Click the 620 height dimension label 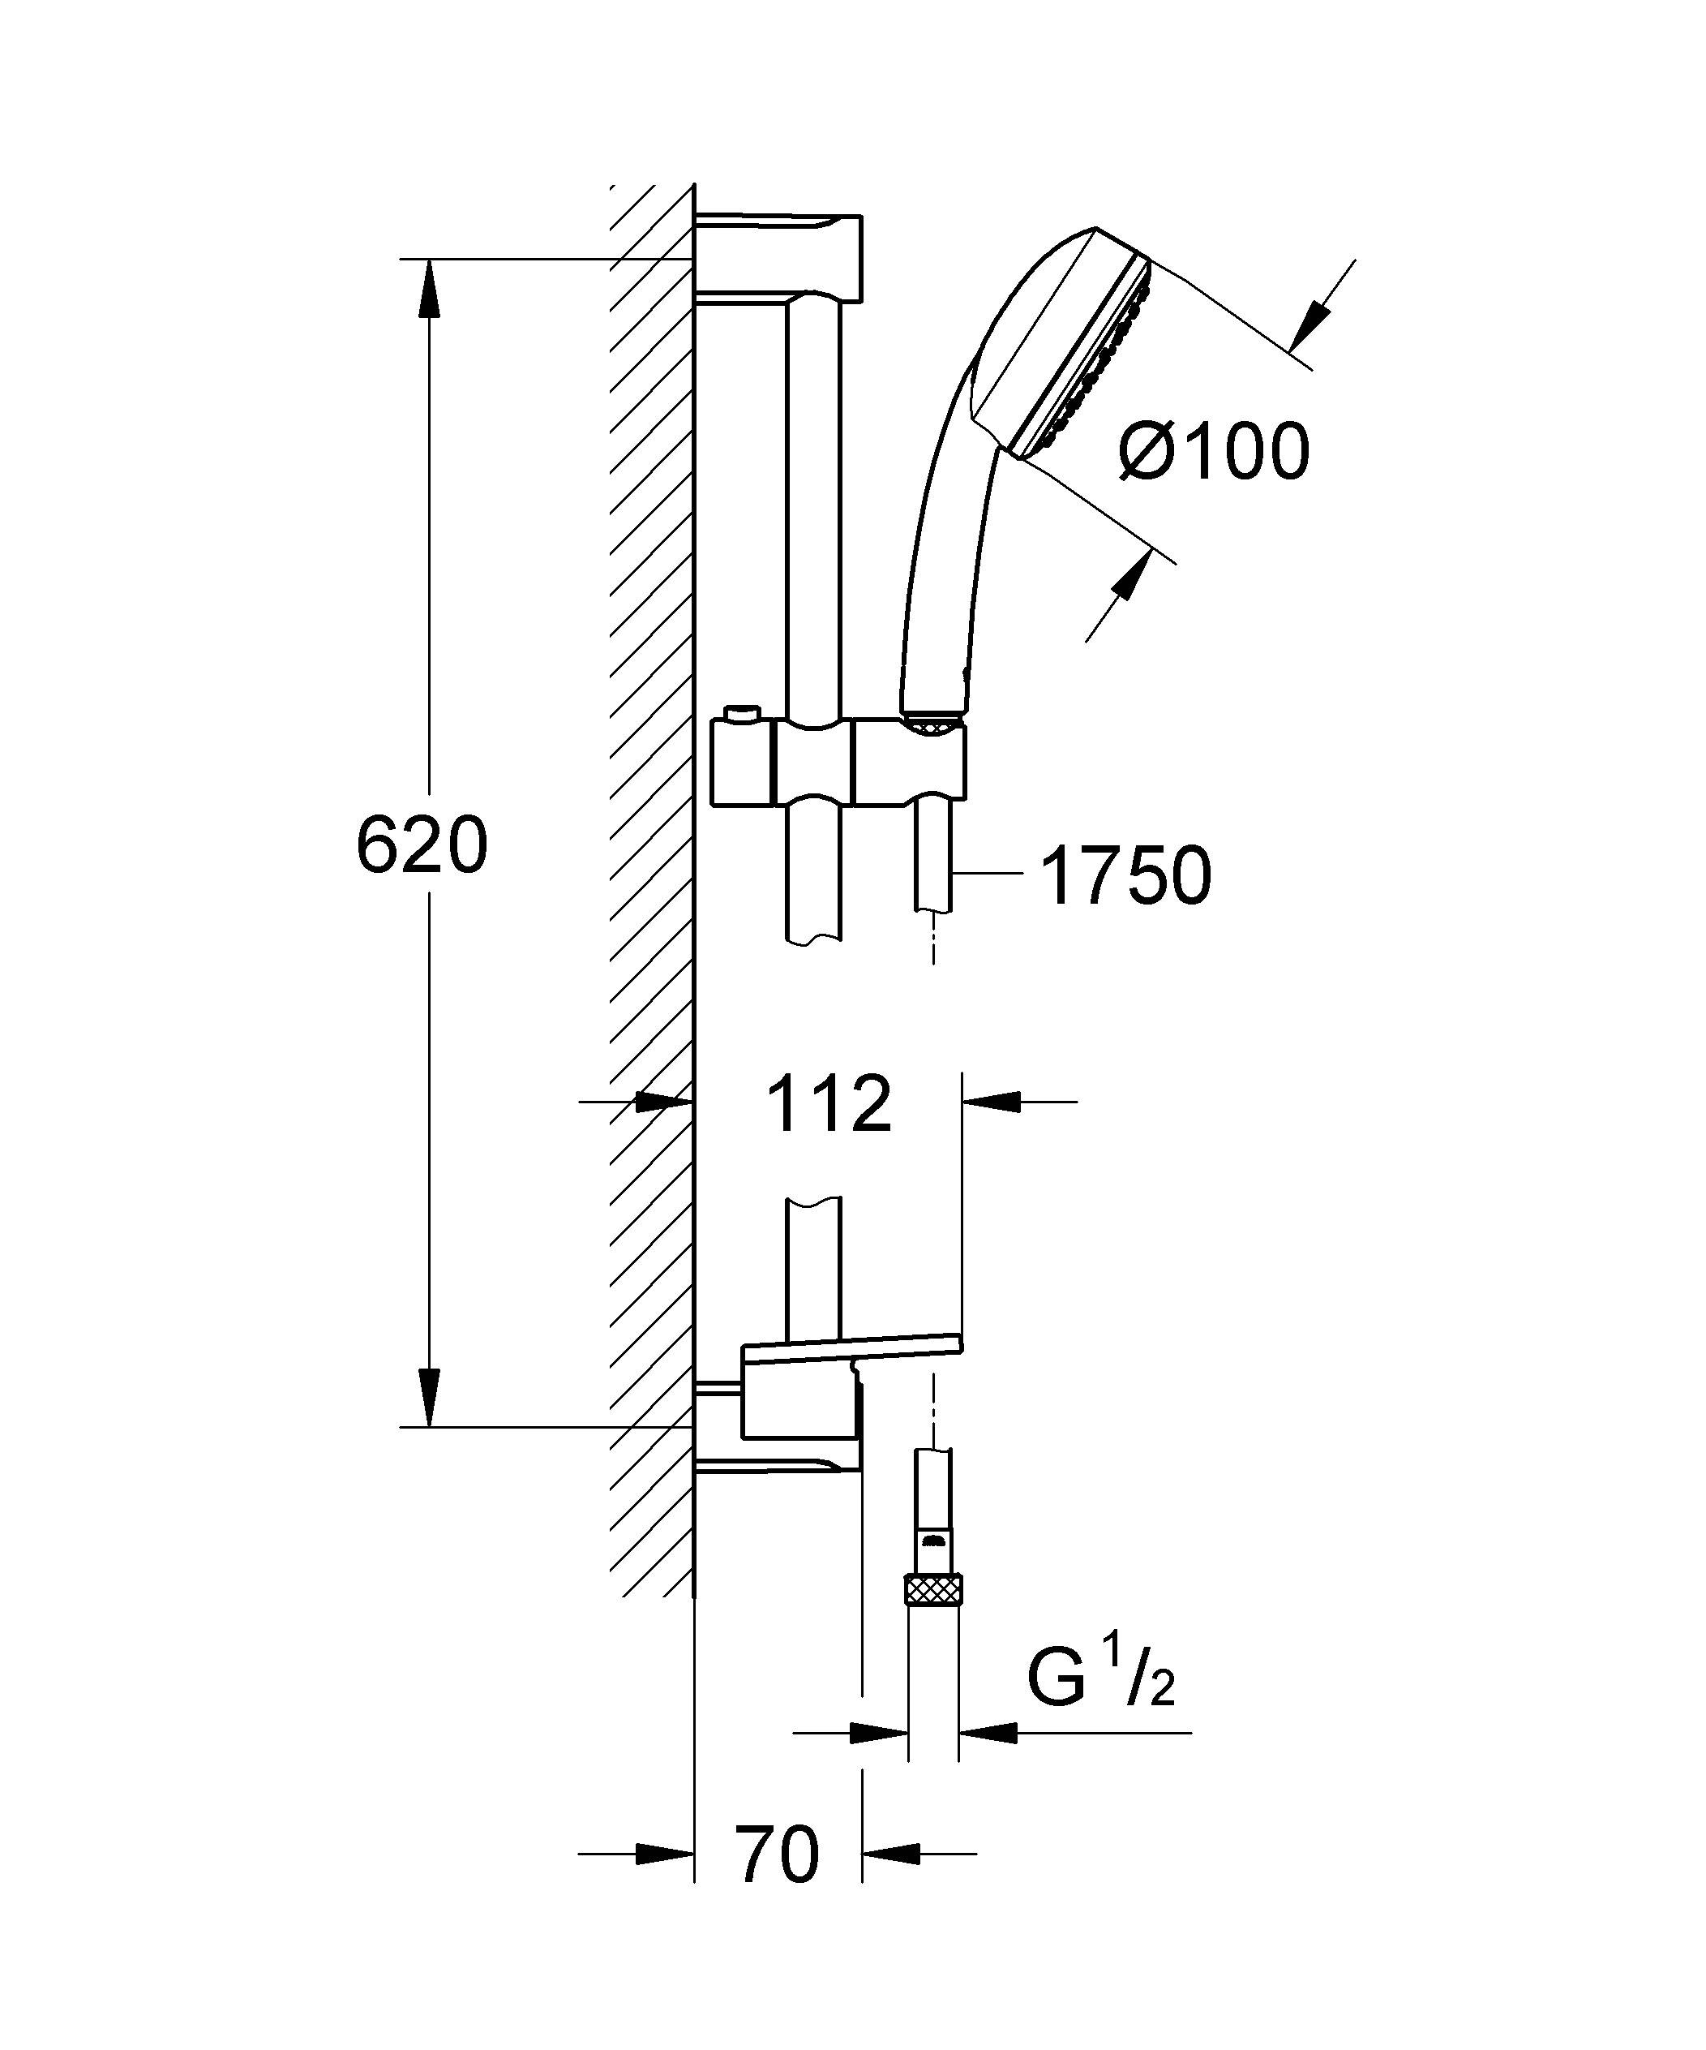422,846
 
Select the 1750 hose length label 1126,875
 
